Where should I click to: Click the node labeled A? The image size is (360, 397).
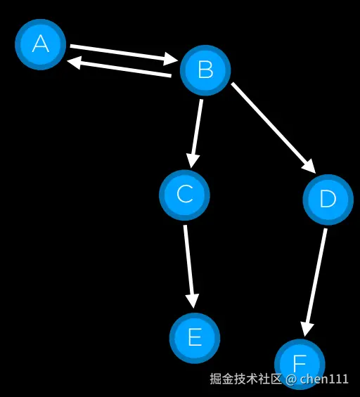pyautogui.click(x=41, y=44)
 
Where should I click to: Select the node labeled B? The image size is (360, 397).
pyautogui.click(x=205, y=70)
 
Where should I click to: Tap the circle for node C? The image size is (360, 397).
pyautogui.click(x=184, y=195)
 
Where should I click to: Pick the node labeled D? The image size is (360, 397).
pyautogui.click(x=328, y=200)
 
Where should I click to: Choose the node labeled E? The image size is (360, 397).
pyautogui.click(x=195, y=338)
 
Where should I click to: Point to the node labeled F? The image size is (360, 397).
pyautogui.click(x=300, y=365)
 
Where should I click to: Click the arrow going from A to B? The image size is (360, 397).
pyautogui.click(x=124, y=55)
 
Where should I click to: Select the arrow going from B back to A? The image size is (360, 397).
pyautogui.click(x=119, y=66)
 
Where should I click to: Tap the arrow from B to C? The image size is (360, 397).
pyautogui.click(x=195, y=134)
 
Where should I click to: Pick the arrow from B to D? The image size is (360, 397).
pyautogui.click(x=274, y=128)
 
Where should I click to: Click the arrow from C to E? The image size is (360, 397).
pyautogui.click(x=190, y=266)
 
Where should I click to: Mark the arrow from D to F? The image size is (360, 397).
pyautogui.click(x=314, y=282)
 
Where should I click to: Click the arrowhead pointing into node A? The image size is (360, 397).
pyautogui.click(x=73, y=62)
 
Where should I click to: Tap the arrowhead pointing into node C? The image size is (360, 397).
pyautogui.click(x=193, y=160)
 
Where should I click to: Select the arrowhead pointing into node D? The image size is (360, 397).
pyautogui.click(x=309, y=166)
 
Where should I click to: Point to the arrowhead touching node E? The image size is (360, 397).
pyautogui.click(x=193, y=301)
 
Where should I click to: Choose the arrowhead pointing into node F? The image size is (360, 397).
pyautogui.click(x=306, y=330)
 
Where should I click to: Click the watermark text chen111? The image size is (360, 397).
pyautogui.click(x=324, y=379)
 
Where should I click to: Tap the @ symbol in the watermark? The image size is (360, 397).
pyautogui.click(x=291, y=379)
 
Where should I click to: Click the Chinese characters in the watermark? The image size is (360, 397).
pyautogui.click(x=245, y=379)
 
